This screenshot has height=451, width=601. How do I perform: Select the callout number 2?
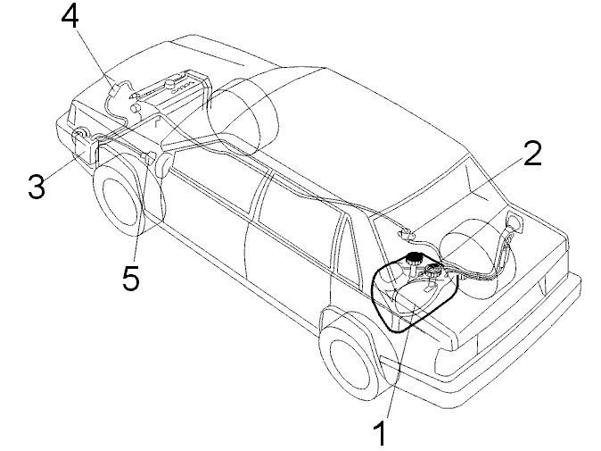tap(532, 154)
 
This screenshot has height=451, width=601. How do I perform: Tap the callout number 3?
tap(37, 186)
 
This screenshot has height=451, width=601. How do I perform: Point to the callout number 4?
tap(70, 17)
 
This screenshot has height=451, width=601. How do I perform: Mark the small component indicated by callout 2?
tap(404, 234)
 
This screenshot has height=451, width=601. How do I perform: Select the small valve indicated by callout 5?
tap(150, 157)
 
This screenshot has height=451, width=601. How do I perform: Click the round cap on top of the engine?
tap(169, 84)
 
